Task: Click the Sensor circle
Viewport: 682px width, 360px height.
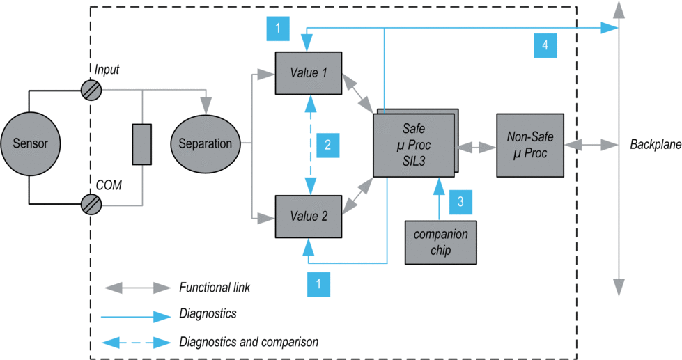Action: click(x=31, y=143)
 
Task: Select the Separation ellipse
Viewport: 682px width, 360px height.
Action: click(x=206, y=143)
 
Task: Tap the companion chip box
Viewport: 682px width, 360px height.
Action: click(x=440, y=242)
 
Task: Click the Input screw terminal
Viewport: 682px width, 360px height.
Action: click(x=92, y=90)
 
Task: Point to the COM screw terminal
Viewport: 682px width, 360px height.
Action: click(x=92, y=204)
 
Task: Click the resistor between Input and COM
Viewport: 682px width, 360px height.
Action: click(x=141, y=145)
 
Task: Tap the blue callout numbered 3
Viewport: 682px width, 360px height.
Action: click(x=460, y=202)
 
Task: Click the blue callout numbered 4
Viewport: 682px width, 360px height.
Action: click(x=545, y=45)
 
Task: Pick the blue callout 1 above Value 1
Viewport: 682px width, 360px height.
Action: click(x=278, y=29)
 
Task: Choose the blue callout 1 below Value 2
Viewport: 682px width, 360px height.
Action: click(x=318, y=283)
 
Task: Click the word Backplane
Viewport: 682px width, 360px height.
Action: click(x=655, y=145)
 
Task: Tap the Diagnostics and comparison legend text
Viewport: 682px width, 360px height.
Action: click(x=249, y=342)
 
